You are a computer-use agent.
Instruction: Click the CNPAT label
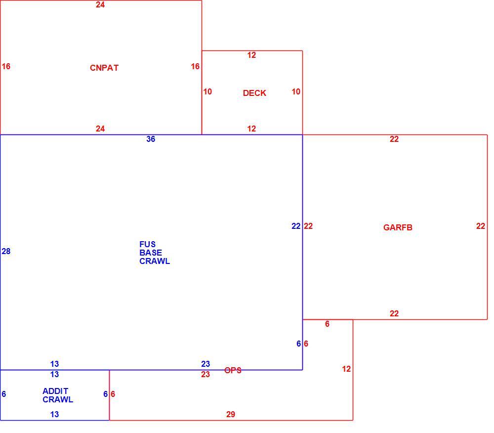tap(104, 68)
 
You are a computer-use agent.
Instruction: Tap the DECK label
tap(254, 93)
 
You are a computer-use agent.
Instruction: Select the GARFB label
tap(398, 227)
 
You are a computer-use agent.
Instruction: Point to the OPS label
tap(233, 370)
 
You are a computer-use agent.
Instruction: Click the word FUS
tap(147, 244)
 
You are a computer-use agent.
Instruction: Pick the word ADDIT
tap(55, 391)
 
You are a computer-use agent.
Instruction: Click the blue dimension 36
tap(151, 139)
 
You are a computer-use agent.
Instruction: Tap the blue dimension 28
tap(6, 251)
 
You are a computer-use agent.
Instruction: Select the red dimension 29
tap(231, 414)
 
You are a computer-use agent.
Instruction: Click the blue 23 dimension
tap(206, 364)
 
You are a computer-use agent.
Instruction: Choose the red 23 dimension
tap(206, 374)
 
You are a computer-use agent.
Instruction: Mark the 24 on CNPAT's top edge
tap(100, 5)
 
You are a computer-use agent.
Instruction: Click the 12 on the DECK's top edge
tap(251, 55)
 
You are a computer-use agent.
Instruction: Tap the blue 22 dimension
tap(296, 226)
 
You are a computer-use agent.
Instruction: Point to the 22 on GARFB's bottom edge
tap(394, 313)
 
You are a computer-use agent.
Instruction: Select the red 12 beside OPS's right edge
tap(346, 369)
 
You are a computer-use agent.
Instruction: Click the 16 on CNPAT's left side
tap(6, 67)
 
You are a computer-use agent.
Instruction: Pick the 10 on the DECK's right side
tap(296, 92)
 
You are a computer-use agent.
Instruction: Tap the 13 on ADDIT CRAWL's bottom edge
tap(54, 414)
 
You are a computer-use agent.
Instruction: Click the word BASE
tap(151, 253)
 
